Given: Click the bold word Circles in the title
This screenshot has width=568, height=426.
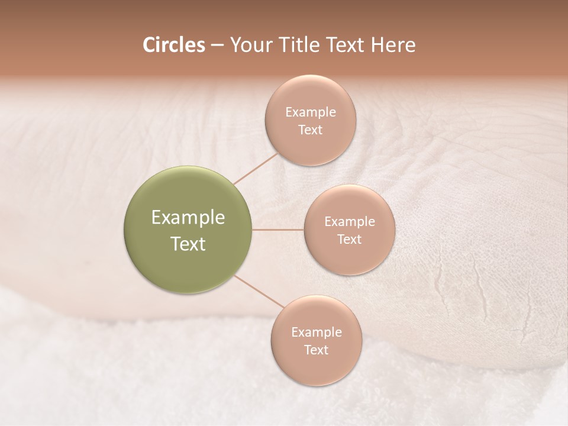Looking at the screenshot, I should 173,45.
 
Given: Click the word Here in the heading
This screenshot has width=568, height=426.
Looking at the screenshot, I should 393,45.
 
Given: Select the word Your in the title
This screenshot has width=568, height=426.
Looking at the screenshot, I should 248,45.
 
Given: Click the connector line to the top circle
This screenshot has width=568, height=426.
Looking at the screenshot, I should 256,167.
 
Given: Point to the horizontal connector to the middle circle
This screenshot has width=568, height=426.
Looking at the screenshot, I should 278,230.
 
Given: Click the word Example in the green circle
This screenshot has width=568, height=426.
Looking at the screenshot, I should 188,218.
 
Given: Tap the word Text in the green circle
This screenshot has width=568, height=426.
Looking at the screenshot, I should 188,244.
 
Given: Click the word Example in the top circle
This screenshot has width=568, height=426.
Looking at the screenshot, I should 311,112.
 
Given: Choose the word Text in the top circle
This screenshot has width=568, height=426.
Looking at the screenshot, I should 311,130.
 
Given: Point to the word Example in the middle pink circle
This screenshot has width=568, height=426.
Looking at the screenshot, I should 350,222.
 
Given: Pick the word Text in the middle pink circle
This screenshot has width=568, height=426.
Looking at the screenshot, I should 350,240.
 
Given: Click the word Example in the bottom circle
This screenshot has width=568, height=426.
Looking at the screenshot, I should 317,333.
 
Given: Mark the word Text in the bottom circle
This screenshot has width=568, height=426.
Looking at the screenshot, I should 317,350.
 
